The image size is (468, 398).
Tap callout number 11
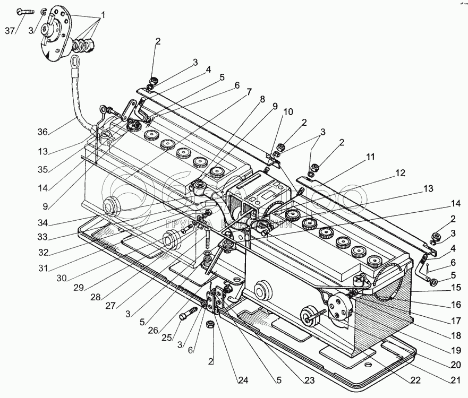[370, 157]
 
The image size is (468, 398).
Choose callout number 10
[287, 111]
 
